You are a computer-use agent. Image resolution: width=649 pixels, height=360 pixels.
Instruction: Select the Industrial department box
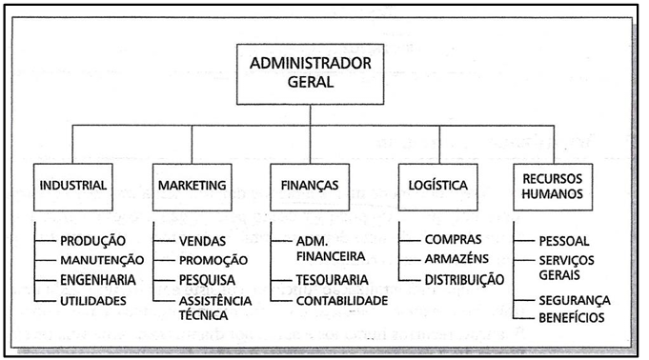coord(73,184)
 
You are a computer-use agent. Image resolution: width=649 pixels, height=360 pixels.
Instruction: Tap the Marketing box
coord(192,184)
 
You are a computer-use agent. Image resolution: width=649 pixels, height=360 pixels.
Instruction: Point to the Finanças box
coord(311,184)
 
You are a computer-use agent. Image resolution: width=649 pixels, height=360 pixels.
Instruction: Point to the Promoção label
coord(213,259)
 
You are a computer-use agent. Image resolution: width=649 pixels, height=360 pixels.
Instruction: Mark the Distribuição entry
coord(464,280)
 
